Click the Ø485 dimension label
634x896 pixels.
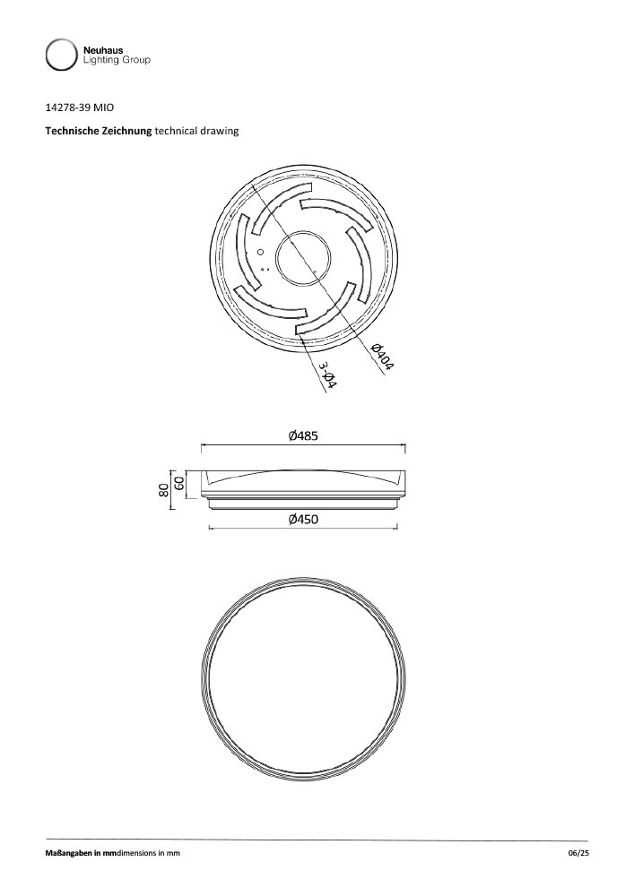click(x=304, y=436)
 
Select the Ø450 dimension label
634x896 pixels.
click(x=304, y=520)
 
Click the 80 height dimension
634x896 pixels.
click(x=164, y=489)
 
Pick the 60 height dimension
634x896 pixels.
click(x=178, y=484)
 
